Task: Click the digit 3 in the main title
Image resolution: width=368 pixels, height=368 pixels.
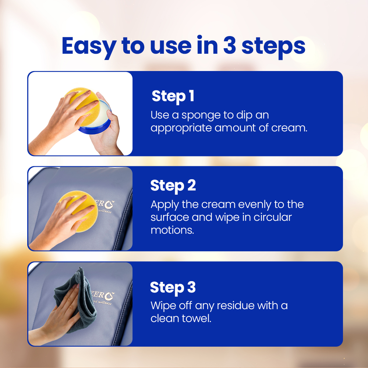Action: [229, 46]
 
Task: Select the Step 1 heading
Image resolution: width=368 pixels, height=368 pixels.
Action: [173, 96]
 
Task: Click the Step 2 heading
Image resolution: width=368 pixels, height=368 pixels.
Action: [173, 186]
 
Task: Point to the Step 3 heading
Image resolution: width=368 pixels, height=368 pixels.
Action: [173, 287]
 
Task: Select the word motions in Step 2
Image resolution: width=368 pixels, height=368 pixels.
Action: [172, 230]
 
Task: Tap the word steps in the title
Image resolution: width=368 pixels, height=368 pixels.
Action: [273, 47]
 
